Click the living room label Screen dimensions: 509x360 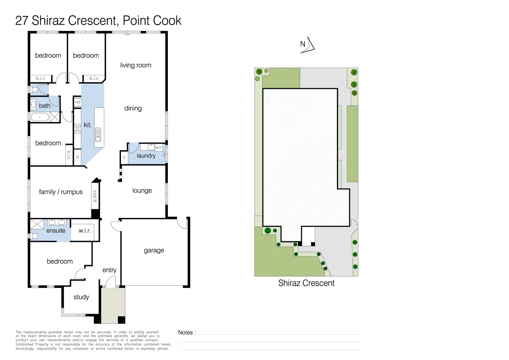pyautogui.click(x=136, y=65)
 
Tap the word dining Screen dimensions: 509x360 pyautogui.click(x=133, y=108)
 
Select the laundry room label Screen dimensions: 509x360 pyautogui.click(x=146, y=156)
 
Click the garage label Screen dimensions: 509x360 pyautogui.click(x=154, y=250)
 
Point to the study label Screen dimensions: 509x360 pyautogui.click(x=81, y=297)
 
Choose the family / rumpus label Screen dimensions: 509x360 pyautogui.click(x=61, y=192)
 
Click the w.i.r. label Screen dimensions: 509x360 pyautogui.click(x=85, y=231)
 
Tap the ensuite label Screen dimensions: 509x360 pyautogui.click(x=56, y=231)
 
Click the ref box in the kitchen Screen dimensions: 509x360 pyautogui.click(x=78, y=102)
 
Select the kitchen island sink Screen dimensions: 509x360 pyautogui.click(x=98, y=135)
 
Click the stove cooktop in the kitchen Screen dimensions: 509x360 pyautogui.click(x=78, y=128)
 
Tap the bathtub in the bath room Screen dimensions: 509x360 pyautogui.click(x=40, y=117)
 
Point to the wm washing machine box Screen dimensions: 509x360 pyautogui.click(x=159, y=148)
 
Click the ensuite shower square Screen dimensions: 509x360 pyautogui.click(x=37, y=224)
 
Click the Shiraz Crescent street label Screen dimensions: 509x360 pyautogui.click(x=306, y=283)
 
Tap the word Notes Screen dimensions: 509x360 pyautogui.click(x=186, y=332)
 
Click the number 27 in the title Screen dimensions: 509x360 pyautogui.click(x=22, y=21)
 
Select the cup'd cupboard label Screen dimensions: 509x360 pyautogui.click(x=95, y=196)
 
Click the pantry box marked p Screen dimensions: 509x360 pyautogui.click(x=78, y=157)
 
